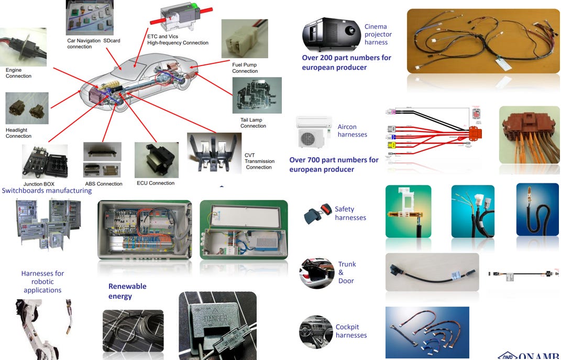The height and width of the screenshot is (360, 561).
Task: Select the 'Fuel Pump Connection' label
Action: (x=245, y=68)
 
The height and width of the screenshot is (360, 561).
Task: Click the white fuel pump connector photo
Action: (x=245, y=39)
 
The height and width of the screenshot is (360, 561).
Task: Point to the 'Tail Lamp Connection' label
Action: (x=253, y=123)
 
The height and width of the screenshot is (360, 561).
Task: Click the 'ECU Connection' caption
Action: (x=156, y=183)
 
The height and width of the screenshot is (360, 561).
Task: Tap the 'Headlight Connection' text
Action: (x=18, y=133)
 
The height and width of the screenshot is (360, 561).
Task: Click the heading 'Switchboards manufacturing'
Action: (x=47, y=191)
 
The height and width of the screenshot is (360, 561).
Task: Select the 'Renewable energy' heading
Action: (x=127, y=291)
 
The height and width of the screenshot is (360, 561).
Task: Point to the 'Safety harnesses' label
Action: (x=350, y=213)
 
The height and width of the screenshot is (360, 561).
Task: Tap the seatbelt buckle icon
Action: (x=317, y=215)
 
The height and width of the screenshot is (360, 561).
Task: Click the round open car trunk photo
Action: (x=316, y=273)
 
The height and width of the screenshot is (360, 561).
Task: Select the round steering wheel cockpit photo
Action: (x=316, y=332)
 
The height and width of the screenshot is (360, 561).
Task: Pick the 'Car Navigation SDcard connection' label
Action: (x=93, y=43)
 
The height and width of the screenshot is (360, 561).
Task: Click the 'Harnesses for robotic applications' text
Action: (x=42, y=281)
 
